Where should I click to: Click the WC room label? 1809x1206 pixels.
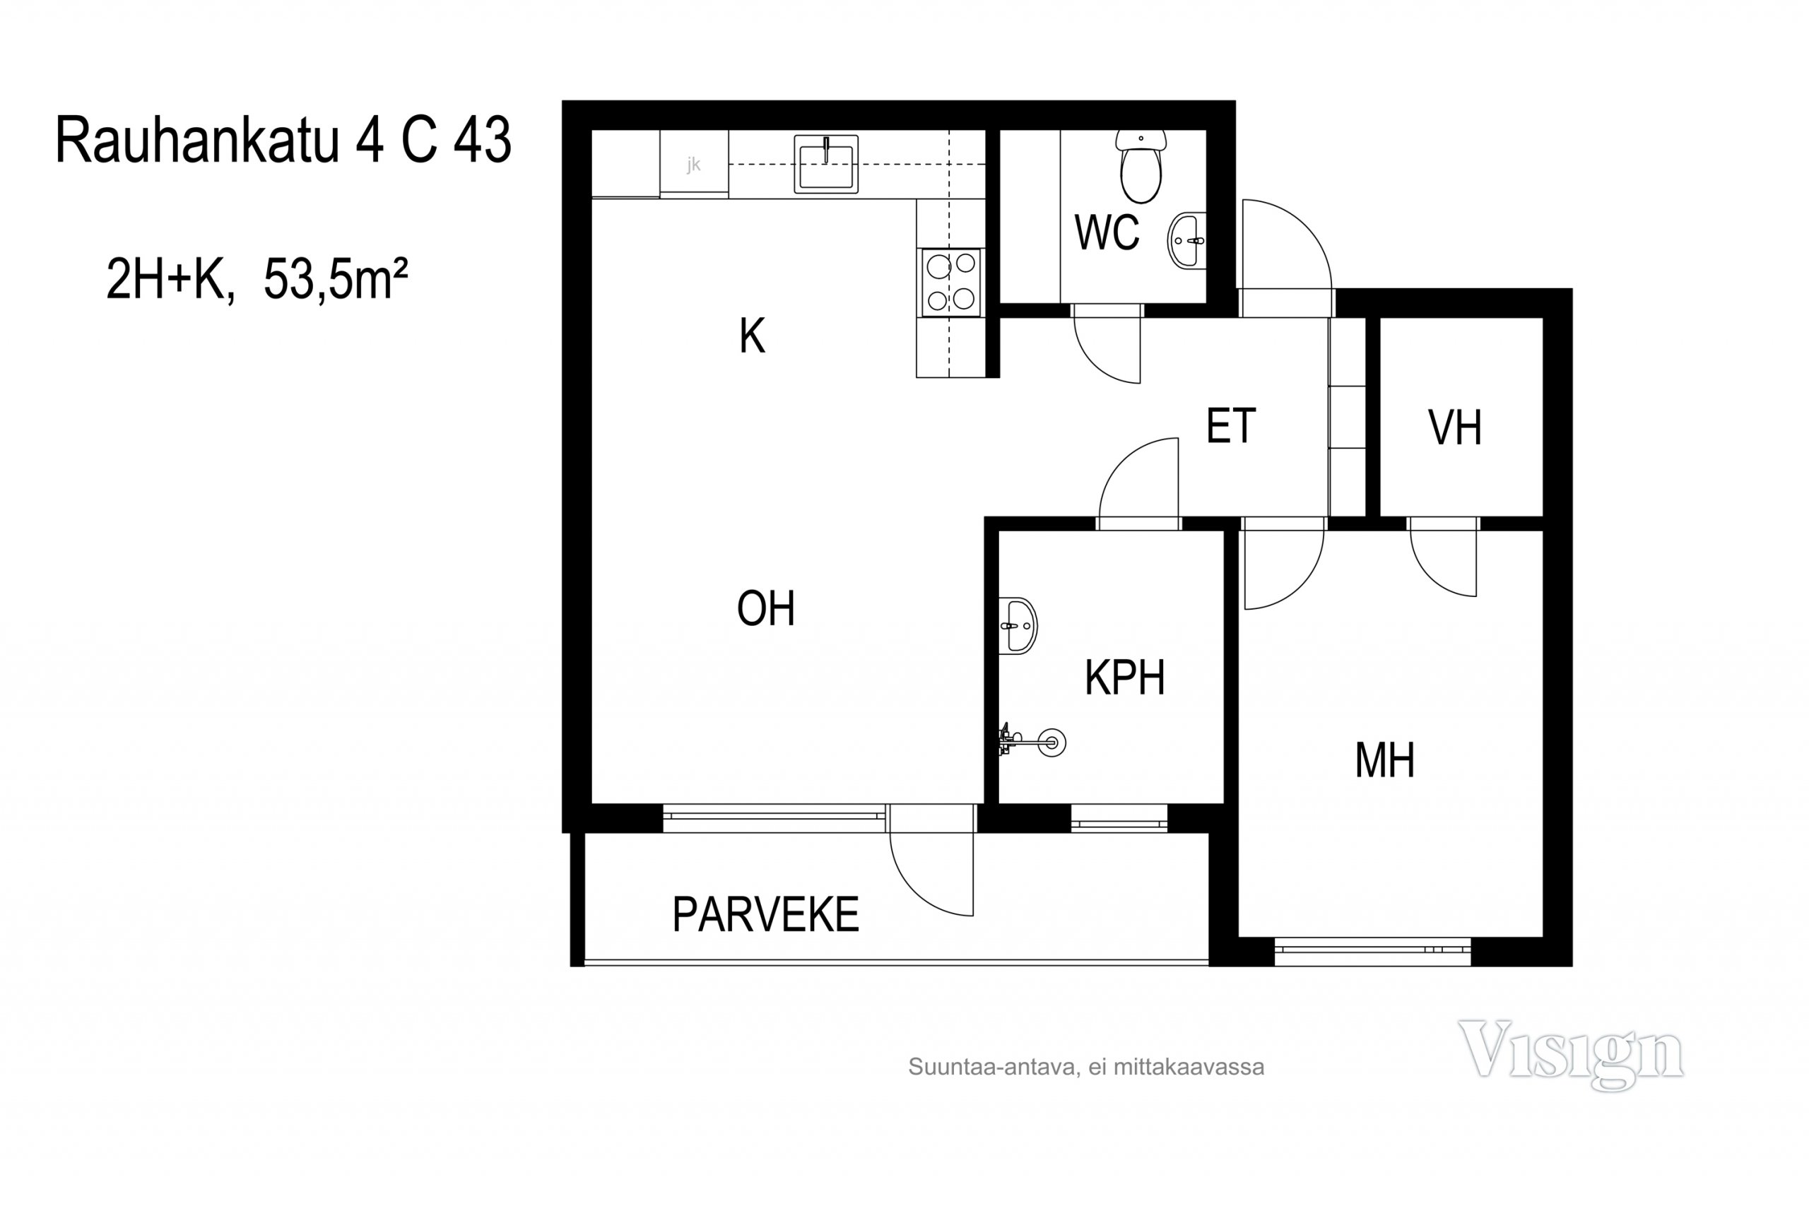[x=1107, y=232]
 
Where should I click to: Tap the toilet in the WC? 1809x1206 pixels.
[x=1141, y=166]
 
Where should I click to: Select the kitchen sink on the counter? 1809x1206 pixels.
[x=826, y=164]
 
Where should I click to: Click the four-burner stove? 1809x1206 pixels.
[x=951, y=283]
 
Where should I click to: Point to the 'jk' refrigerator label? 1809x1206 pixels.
[x=694, y=164]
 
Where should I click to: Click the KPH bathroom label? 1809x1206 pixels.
[x=1124, y=678]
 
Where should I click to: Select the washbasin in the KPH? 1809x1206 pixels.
[x=1018, y=626]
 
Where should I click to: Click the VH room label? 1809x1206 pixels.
[x=1454, y=427]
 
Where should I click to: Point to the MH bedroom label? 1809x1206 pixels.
[x=1384, y=760]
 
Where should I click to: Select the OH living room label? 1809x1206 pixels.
[x=765, y=608]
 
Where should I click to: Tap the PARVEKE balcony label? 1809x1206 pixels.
[x=765, y=914]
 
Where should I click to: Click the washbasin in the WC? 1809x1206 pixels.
[x=1186, y=241]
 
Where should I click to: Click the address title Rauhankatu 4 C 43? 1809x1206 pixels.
[x=283, y=140]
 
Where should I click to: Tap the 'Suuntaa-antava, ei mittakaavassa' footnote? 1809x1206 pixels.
[x=1086, y=1067]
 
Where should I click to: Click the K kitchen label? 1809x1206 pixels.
[x=752, y=336]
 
